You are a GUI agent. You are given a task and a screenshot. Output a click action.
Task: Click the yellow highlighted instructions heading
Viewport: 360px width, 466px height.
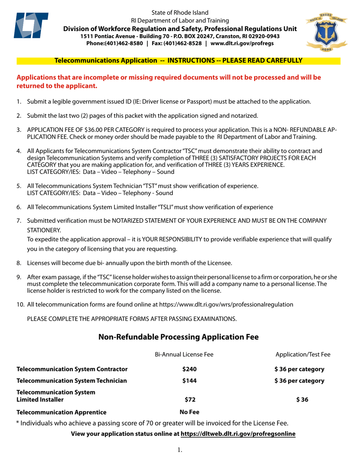(x=178, y=60)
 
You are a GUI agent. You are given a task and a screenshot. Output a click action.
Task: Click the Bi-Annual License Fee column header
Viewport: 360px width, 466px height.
(x=184, y=354)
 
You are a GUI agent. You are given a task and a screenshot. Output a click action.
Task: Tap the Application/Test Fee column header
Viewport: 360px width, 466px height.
(x=302, y=354)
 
